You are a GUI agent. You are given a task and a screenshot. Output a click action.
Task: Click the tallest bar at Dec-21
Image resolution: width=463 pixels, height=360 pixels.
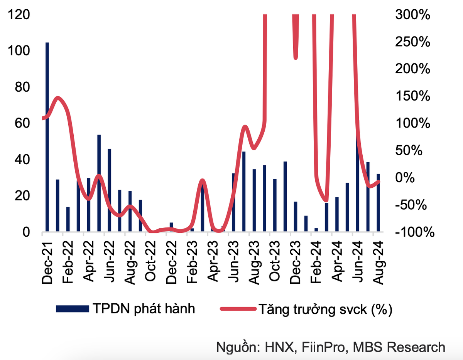[x=47, y=137]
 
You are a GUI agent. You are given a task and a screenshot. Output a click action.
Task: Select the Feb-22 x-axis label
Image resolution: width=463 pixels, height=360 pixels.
[x=68, y=262]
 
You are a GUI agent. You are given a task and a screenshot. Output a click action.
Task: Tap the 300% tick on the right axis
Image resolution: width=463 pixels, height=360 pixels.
[x=412, y=15]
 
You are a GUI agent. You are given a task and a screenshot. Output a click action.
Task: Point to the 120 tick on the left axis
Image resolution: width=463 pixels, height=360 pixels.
[x=20, y=15]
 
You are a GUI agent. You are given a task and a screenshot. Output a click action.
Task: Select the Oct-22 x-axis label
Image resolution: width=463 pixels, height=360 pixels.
[x=150, y=262]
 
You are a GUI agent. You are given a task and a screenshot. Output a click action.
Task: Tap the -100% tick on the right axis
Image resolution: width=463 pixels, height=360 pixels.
[x=412, y=232]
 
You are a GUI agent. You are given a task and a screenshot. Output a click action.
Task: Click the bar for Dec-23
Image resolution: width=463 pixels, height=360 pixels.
[x=296, y=217]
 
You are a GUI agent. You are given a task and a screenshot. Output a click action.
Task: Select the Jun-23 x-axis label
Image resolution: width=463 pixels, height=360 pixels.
[x=233, y=262]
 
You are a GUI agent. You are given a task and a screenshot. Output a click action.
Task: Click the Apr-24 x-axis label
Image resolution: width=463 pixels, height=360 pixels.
[x=337, y=262]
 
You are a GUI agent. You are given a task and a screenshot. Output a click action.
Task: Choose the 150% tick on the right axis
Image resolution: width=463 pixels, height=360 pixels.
[x=412, y=97]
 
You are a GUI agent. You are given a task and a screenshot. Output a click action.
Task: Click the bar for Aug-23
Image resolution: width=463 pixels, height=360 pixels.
[x=254, y=200]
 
